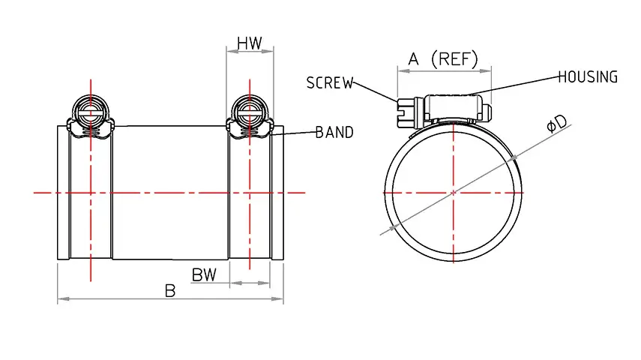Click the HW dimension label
tap(249, 43)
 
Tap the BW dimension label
tap(204, 275)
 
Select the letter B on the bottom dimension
tap(170, 291)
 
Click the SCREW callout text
tap(329, 82)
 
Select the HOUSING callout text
tap(588, 76)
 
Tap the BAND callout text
tap(334, 133)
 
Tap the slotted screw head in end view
tap(407, 112)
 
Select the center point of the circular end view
tap(454, 193)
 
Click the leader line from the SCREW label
tap(375, 89)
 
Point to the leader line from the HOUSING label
tap(517, 85)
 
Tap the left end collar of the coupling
tap(63, 193)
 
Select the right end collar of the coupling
tap(278, 193)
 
